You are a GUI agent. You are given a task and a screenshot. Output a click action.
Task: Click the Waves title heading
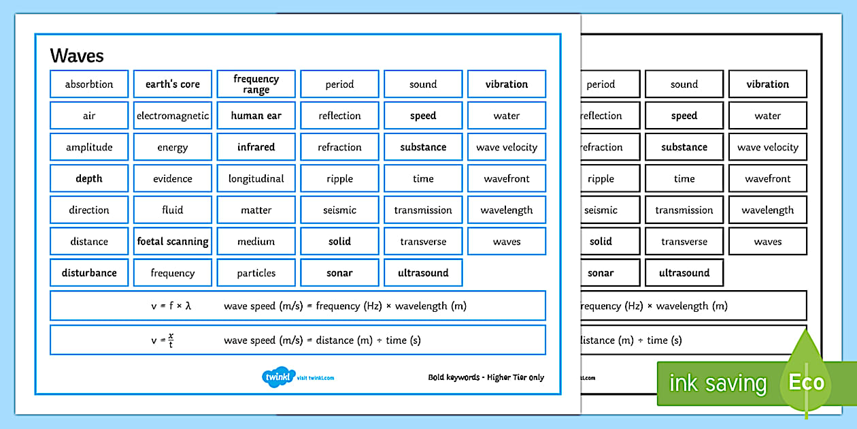coord(77,55)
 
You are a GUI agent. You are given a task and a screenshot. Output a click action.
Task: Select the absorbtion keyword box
coord(89,84)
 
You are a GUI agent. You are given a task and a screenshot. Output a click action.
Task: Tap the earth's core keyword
coord(173,84)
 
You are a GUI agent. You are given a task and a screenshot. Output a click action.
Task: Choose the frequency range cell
coord(256,84)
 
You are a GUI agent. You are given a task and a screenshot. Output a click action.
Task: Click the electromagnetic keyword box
coord(173,116)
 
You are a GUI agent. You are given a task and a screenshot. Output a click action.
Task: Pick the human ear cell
coord(256,116)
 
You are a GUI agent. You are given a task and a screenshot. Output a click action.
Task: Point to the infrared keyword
coord(256,147)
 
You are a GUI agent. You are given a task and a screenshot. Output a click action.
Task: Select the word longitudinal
coord(256,178)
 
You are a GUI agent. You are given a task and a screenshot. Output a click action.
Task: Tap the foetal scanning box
coord(173,241)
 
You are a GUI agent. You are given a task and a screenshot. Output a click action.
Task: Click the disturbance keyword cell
coord(89,272)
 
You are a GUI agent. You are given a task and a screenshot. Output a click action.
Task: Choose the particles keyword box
coord(256,272)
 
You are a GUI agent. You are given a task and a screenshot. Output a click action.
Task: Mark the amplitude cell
coord(89,147)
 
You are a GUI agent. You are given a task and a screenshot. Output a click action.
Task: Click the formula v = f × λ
coord(171,306)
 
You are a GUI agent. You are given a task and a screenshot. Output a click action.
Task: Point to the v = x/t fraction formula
coord(163,340)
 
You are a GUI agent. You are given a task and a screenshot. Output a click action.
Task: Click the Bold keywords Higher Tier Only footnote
coord(486,377)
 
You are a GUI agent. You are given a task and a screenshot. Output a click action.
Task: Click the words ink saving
coord(718,383)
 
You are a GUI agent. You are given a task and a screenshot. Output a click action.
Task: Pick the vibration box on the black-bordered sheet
coord(767,84)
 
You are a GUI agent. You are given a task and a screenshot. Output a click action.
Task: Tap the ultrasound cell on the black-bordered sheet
coord(684,272)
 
